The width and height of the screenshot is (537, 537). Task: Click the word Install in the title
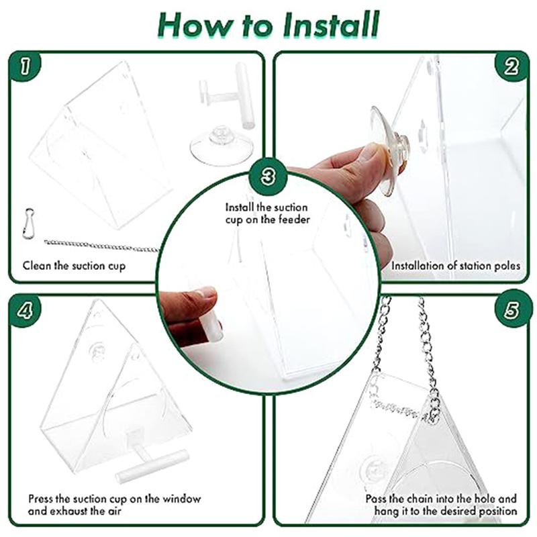coord(331,25)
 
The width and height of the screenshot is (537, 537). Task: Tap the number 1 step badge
coord(25,66)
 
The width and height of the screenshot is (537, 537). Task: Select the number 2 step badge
coord(511,66)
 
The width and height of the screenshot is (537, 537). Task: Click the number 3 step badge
coord(268,177)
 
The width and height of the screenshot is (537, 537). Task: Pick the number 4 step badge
coord(25,311)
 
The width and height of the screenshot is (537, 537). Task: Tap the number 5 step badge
coord(511,309)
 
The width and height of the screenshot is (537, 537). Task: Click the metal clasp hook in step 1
coord(28,223)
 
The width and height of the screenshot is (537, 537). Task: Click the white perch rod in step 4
coord(152,467)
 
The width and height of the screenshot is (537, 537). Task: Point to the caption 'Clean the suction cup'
coord(74,266)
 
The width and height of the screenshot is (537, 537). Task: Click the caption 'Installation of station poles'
coord(456,266)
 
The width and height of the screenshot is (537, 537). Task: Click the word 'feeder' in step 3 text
coord(294,219)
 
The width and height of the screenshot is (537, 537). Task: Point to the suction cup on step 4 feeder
coord(97,350)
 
